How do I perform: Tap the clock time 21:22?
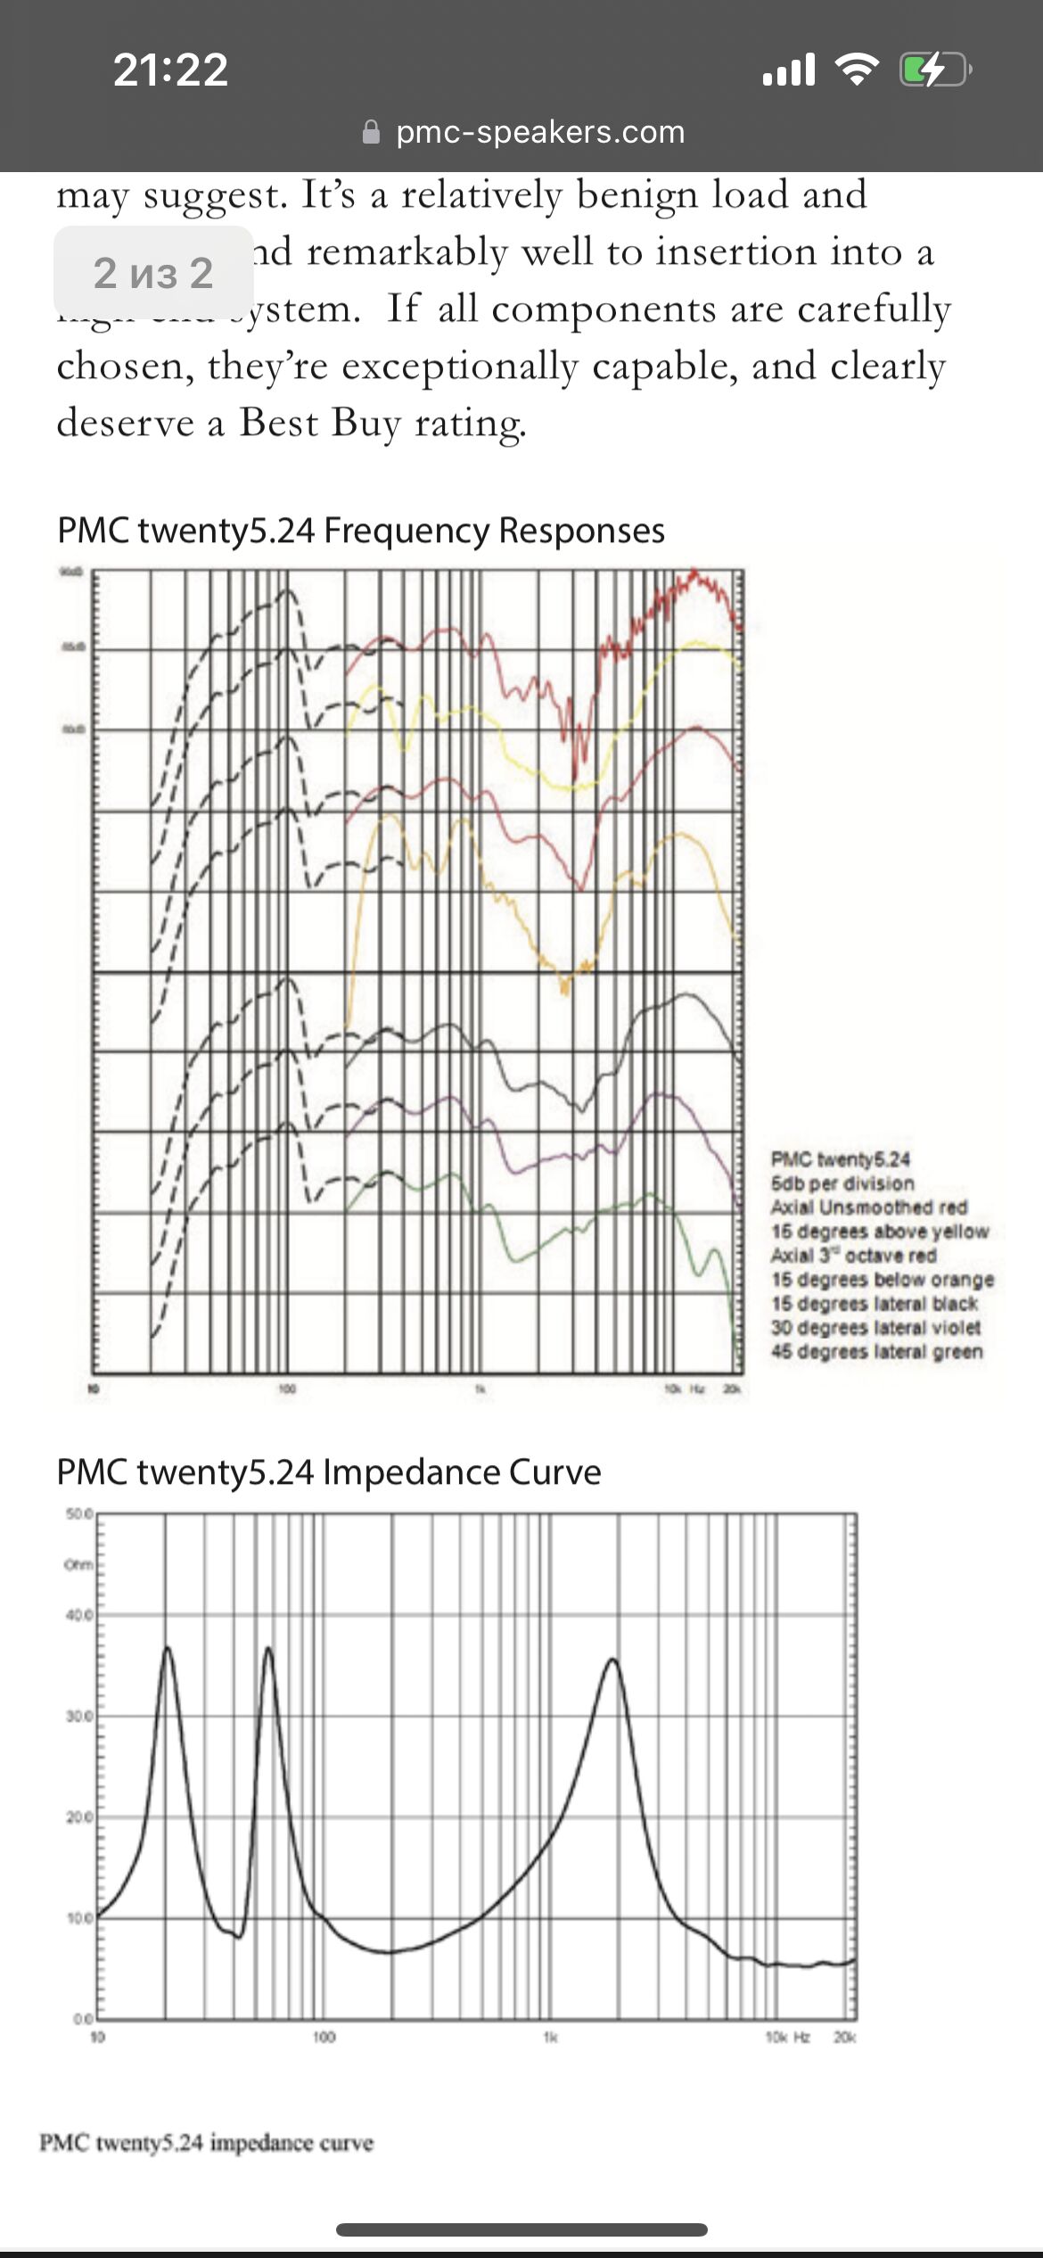click(x=170, y=70)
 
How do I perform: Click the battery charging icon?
click(x=934, y=70)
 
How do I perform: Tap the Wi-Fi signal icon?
click(x=857, y=70)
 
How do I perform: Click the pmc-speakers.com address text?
click(x=540, y=132)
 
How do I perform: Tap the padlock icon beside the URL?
click(x=371, y=133)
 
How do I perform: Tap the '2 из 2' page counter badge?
click(x=153, y=272)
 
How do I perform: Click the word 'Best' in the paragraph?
click(x=279, y=423)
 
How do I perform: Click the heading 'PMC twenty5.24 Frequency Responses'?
click(x=361, y=531)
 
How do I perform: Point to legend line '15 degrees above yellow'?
click(x=880, y=1232)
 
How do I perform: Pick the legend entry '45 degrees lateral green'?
click(x=877, y=1352)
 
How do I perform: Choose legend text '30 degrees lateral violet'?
click(x=875, y=1328)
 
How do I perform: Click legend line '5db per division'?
click(x=842, y=1183)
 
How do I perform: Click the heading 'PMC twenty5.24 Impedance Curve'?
click(x=329, y=1472)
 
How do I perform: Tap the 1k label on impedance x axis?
click(x=550, y=2038)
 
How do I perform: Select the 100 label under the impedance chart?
click(x=324, y=2038)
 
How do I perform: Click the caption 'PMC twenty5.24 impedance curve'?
click(x=206, y=2142)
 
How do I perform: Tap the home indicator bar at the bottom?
click(x=521, y=2230)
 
